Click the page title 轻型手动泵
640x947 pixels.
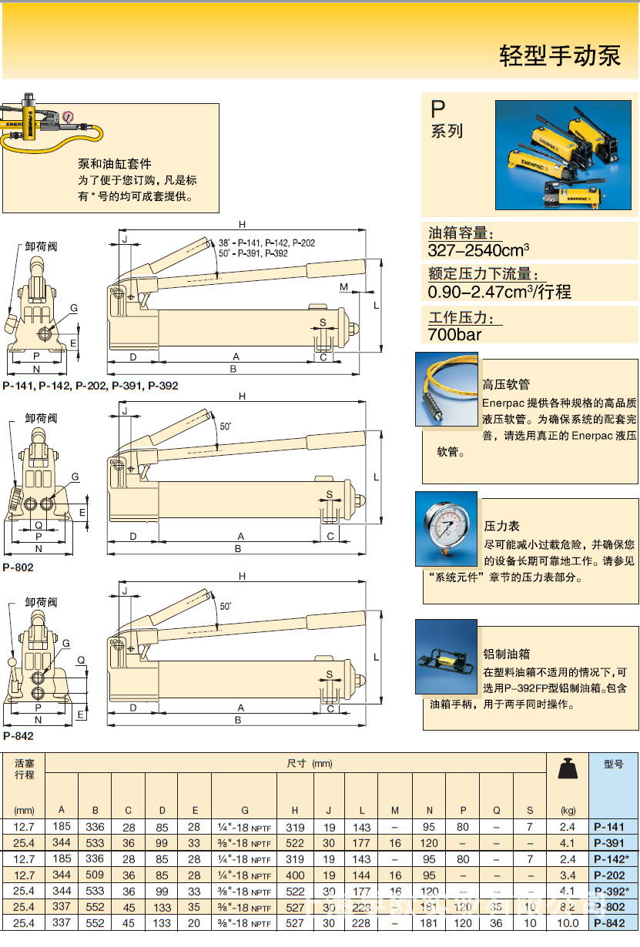pos(560,56)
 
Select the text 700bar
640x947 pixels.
pos(454,334)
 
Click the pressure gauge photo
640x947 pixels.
pos(447,528)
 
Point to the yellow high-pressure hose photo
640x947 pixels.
pos(447,389)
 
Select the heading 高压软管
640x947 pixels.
pos(506,384)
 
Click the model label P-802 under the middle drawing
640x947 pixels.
pos(18,567)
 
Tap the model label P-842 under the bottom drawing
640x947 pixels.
pos(18,735)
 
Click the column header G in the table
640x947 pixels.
pos(244,810)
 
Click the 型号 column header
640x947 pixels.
pos(613,764)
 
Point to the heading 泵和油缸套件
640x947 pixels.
pos(115,164)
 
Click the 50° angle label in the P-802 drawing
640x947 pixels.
pos(226,426)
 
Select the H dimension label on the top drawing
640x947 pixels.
pos(241,224)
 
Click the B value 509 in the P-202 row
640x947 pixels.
pos(95,875)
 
